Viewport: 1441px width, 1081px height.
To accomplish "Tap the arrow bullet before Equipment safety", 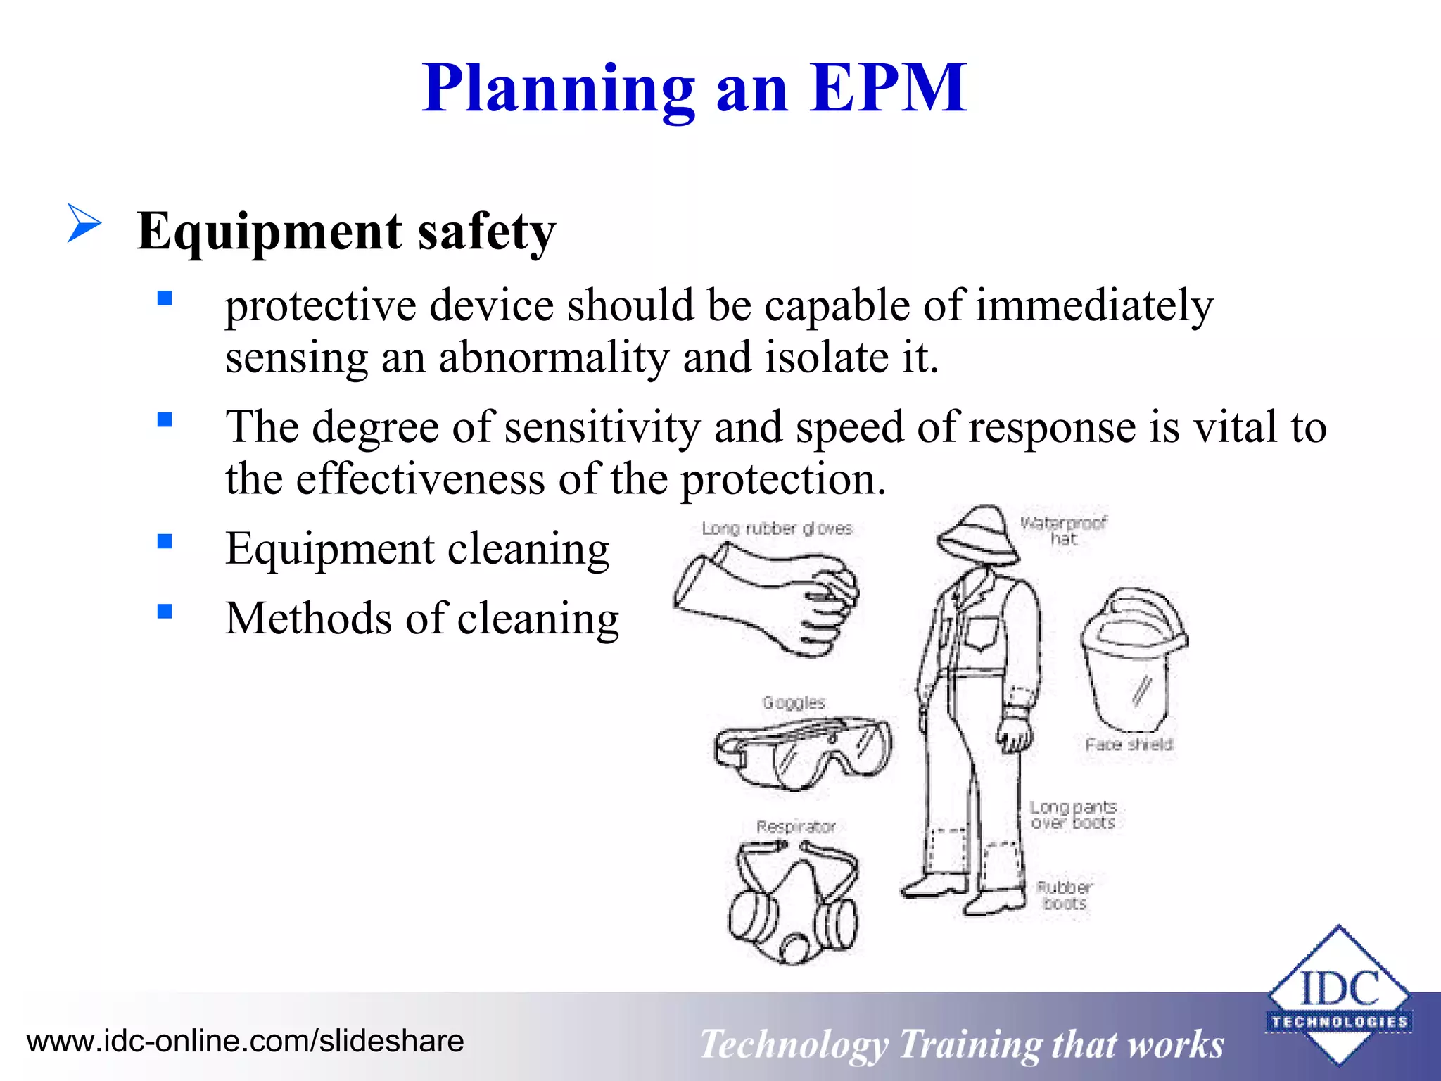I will (84, 223).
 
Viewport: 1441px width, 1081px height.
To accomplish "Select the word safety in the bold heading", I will (486, 232).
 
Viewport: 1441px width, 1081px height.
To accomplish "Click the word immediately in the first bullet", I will (1094, 306).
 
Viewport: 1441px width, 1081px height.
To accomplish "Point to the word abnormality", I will (554, 358).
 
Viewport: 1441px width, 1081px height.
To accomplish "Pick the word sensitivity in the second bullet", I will (602, 427).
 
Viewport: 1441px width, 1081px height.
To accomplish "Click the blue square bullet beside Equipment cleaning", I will (165, 541).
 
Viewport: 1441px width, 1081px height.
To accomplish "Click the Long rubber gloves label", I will (777, 529).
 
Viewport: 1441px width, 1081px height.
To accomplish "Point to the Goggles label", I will (794, 702).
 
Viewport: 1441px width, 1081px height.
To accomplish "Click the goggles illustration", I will (802, 752).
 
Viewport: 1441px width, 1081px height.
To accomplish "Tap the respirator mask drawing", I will (794, 903).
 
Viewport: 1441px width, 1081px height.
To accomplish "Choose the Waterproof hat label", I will (1063, 531).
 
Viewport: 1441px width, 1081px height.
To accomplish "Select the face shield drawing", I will (1132, 658).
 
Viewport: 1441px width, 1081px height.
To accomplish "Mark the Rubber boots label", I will (1065, 895).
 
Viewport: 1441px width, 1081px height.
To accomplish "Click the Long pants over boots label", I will (1073, 814).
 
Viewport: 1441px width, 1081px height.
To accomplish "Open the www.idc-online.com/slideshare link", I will (246, 1041).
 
